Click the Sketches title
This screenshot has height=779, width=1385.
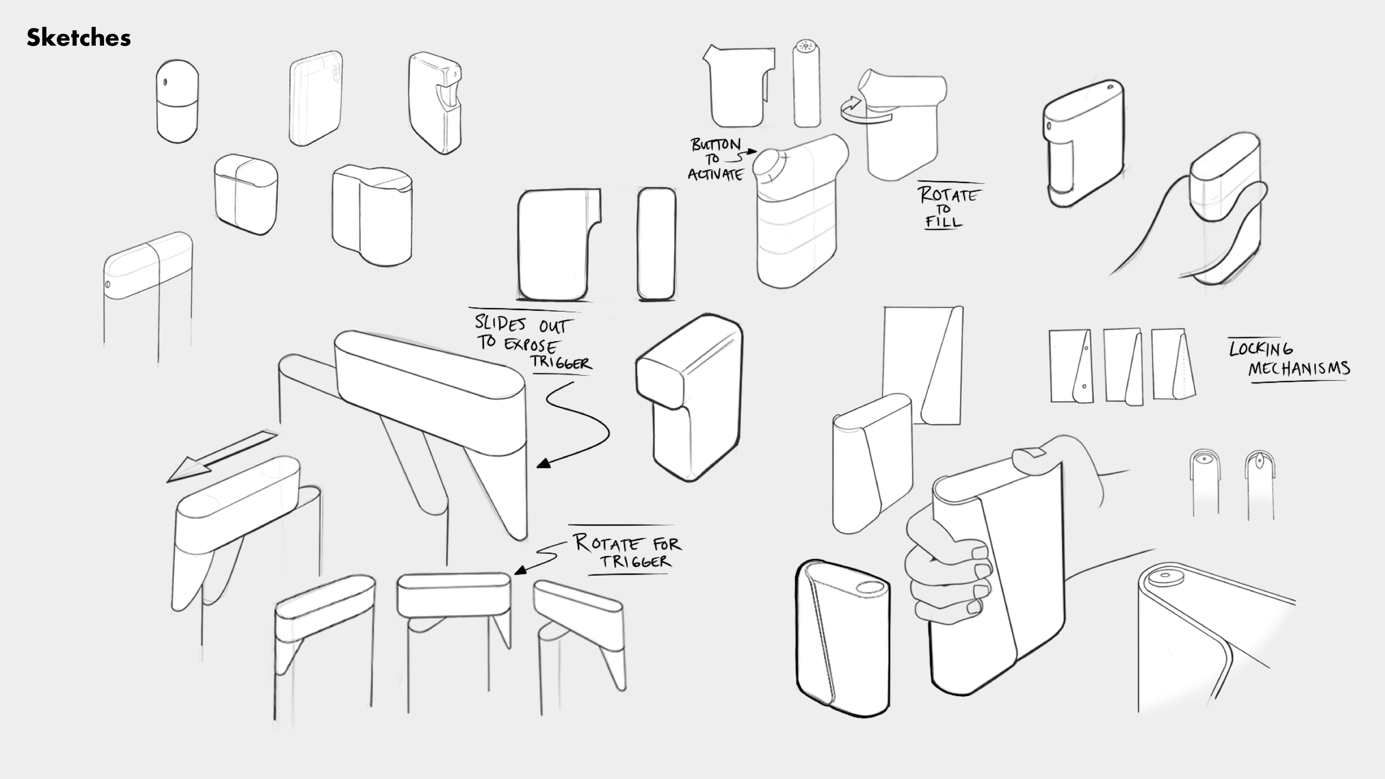79,38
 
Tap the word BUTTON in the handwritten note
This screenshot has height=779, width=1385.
715,145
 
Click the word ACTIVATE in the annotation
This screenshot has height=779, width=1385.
715,175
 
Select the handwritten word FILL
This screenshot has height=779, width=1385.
943,222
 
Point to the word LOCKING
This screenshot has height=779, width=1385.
1261,349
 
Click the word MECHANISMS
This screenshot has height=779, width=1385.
1299,368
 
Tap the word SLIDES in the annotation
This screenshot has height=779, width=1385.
500,324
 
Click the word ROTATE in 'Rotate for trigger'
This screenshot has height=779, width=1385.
609,543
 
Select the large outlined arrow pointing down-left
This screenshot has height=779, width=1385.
222,457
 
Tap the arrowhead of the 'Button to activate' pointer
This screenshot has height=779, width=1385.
752,151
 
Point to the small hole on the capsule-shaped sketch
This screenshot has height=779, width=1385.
165,83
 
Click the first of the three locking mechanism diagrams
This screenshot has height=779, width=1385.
1071,366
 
